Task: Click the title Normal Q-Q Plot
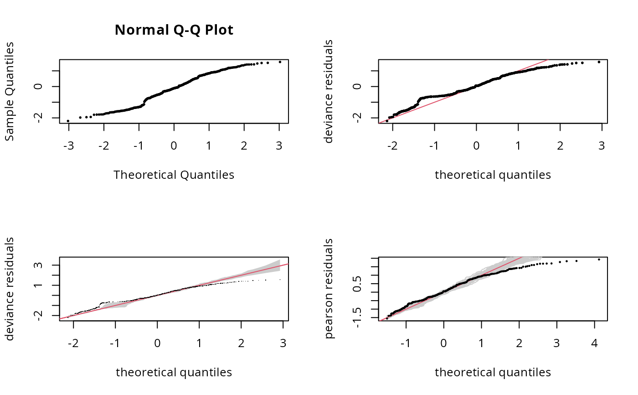click(174, 30)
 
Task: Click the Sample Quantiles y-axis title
click(10, 91)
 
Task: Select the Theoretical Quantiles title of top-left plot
click(174, 175)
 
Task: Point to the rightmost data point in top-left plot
click(280, 62)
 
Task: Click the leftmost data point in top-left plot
click(68, 121)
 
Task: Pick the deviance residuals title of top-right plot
click(329, 91)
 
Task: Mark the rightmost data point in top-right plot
click(599, 62)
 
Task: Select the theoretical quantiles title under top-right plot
click(493, 175)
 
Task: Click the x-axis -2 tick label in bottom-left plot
click(73, 343)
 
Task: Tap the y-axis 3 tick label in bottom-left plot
click(41, 265)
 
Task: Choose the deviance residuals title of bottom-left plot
click(10, 289)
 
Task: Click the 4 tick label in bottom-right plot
click(595, 343)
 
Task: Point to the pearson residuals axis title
click(329, 289)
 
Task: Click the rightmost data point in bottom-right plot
click(599, 259)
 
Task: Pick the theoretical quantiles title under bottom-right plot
click(493, 373)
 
